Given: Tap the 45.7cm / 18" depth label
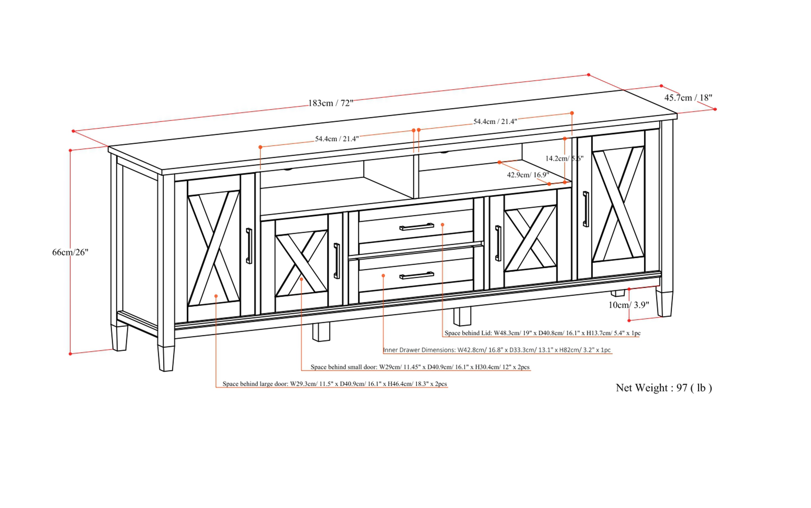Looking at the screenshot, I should [x=688, y=98].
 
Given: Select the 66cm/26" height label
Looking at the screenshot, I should [x=70, y=252].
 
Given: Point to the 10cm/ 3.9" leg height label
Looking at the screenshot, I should [x=629, y=305].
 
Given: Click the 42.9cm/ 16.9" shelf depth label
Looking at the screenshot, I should [x=528, y=175].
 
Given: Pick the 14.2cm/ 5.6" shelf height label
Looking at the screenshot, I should [x=564, y=158].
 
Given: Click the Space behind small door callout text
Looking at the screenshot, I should [x=420, y=367].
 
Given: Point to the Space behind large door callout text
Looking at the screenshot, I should [x=335, y=384].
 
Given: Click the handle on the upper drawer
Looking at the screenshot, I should [x=417, y=227].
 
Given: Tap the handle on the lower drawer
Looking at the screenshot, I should [x=417, y=276].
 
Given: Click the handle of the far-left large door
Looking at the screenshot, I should [x=249, y=246].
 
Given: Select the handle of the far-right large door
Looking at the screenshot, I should [x=586, y=209].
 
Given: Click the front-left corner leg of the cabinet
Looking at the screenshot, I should [x=166, y=358].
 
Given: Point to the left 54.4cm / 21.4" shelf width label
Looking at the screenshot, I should [x=337, y=139].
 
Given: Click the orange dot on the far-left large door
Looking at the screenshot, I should [x=216, y=296].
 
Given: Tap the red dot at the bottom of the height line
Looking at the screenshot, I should [x=70, y=354].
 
